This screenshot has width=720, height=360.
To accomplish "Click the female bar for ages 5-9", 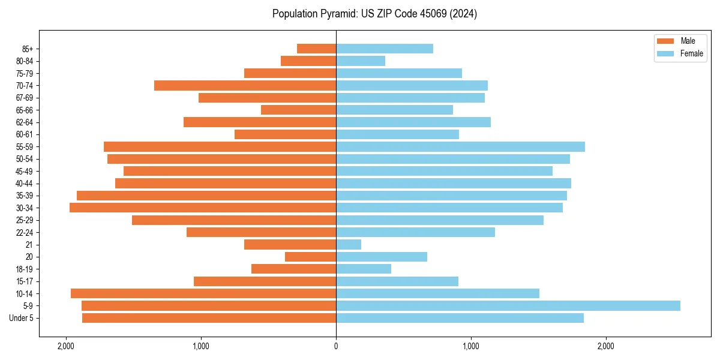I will pos(508,305).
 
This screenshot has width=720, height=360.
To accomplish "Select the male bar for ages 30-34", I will pos(203,208).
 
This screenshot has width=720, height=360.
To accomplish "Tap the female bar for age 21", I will pos(349,244).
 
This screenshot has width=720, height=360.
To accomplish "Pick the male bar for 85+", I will pos(316,49).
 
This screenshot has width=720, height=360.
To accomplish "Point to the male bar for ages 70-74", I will pos(245,85).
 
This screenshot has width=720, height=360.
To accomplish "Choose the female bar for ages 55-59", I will pos(460,146).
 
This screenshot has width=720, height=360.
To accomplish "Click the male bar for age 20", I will pos(310,257).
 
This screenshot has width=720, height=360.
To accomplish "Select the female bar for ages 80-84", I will pos(361,61).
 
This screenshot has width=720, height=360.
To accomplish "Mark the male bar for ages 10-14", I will pos(203,293).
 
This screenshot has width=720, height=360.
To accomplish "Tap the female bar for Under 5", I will pos(460,318).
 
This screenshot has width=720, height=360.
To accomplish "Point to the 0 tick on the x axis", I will pos(336,346).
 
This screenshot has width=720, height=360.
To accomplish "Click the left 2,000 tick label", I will pos(65,346).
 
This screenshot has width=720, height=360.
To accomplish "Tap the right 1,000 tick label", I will pos(471,346).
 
